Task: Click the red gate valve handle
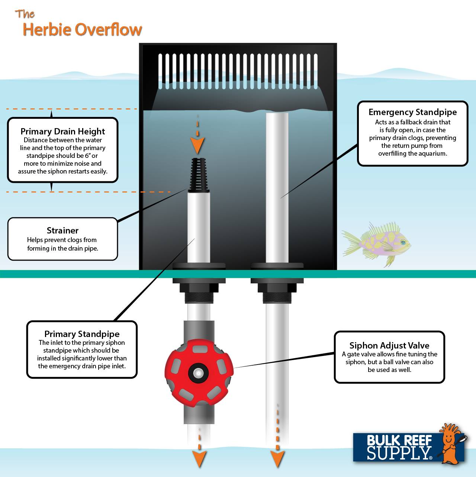coord(199,373)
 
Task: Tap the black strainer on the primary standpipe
coord(199,175)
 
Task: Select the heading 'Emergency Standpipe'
coord(412,112)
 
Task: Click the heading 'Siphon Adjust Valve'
coord(389,345)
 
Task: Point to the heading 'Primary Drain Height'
coord(62,131)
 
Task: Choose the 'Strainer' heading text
coord(62,230)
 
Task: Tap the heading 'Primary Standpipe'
coord(82,334)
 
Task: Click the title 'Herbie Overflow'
coord(82,30)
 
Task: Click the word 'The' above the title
coord(25,14)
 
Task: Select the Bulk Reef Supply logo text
coord(399,447)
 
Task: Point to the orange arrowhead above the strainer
coord(197,145)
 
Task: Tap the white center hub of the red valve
coord(198,373)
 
